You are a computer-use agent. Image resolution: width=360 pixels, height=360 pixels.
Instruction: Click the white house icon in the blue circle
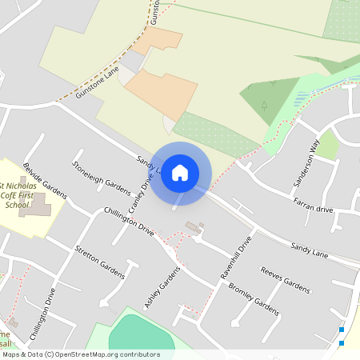[x=180, y=172]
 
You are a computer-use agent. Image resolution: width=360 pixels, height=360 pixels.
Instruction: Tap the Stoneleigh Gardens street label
[x=101, y=178]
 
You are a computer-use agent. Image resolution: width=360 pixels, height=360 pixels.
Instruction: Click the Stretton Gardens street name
[x=99, y=262]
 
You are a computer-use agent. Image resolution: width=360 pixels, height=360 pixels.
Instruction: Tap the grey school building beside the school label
[x=35, y=206]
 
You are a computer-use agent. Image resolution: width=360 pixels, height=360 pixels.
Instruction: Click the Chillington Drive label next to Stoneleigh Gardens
[x=129, y=221]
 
